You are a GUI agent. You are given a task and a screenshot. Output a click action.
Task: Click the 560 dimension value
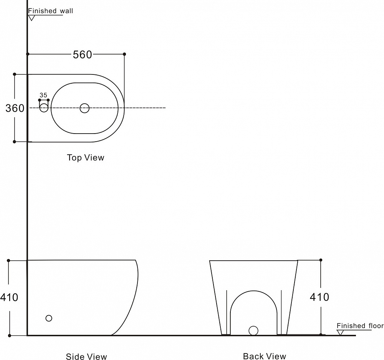(x=83, y=54)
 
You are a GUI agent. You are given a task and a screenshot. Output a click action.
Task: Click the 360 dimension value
(x=15, y=108)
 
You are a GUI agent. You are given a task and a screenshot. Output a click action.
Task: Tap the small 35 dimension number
(x=43, y=95)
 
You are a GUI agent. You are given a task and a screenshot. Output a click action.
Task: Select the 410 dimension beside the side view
(x=9, y=297)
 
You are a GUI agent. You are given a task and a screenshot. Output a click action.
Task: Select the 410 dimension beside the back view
(x=319, y=297)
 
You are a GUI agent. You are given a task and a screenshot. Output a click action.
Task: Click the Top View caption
(x=86, y=157)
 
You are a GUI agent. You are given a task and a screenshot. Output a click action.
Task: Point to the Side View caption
(x=86, y=356)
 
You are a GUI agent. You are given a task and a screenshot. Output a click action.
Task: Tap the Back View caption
(x=265, y=356)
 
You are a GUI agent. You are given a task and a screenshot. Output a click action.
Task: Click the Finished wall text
(x=50, y=11)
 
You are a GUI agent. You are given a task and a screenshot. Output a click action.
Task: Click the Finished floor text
(x=360, y=326)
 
